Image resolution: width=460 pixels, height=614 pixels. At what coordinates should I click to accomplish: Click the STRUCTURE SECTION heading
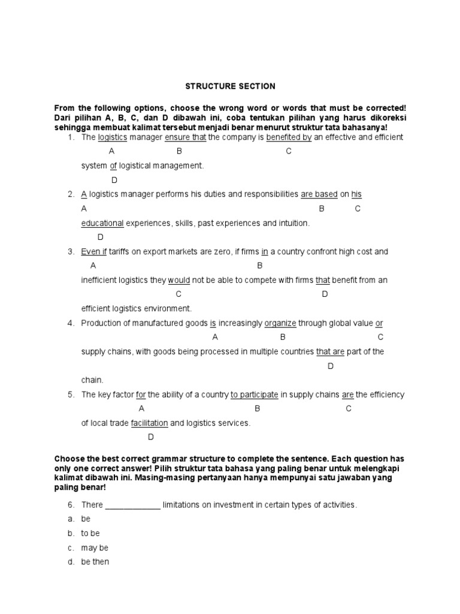click(230, 86)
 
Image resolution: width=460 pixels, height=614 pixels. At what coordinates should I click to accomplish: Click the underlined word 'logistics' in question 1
click(113, 137)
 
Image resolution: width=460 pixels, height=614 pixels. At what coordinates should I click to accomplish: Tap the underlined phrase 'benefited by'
click(289, 137)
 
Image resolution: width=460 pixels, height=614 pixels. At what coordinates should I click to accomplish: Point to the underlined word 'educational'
click(102, 223)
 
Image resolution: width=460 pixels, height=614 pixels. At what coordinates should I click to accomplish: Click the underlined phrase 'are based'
click(319, 194)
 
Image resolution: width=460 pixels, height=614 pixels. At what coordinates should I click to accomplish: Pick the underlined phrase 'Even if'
click(94, 252)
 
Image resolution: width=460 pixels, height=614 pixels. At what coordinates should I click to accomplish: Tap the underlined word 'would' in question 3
click(178, 280)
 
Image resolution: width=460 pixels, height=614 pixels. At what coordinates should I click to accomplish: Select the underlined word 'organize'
click(280, 323)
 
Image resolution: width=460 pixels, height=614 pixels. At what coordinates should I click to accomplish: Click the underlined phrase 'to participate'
click(255, 395)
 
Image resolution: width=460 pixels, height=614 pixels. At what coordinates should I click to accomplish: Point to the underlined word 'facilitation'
click(150, 423)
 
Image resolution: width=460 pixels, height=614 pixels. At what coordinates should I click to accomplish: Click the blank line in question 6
click(133, 505)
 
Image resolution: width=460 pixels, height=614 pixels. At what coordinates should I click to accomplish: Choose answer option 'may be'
click(95, 548)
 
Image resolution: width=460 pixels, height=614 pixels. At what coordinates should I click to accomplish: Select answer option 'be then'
click(95, 562)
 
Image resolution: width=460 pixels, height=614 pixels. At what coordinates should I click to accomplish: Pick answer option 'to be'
click(90, 534)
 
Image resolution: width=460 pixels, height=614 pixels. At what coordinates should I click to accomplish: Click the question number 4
click(70, 323)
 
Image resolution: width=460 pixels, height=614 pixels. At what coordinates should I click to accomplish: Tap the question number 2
click(70, 194)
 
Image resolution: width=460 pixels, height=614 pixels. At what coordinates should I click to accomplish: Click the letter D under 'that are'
click(330, 366)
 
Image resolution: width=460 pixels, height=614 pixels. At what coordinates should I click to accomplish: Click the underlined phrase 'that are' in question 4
click(330, 352)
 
